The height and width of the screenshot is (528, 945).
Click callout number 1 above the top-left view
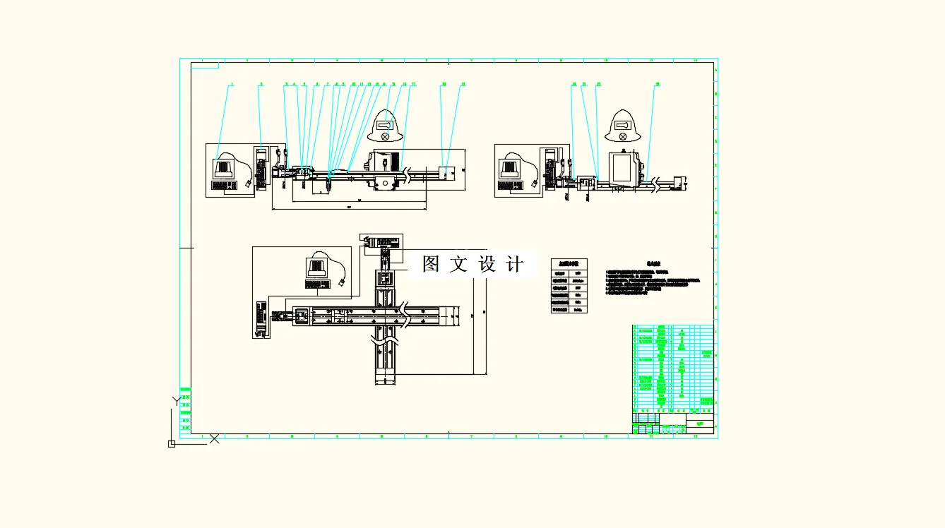pos(231,84)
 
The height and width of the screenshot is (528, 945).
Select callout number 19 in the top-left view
pos(463,84)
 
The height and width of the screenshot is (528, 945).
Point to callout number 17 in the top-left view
pos(413,84)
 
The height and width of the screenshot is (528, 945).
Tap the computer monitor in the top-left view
pos(223,168)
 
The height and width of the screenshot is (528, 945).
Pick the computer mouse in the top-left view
pos(249,184)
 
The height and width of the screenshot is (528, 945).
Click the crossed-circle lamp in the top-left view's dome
pos(385,136)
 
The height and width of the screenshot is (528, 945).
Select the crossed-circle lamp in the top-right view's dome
pos(622,136)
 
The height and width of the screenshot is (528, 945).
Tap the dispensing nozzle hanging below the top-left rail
pos(329,187)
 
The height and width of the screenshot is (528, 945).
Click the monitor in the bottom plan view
pos(316,267)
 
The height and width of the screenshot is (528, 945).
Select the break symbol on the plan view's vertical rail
pos(386,346)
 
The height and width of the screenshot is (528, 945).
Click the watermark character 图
pos(431,264)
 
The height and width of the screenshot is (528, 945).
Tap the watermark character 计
pos(516,264)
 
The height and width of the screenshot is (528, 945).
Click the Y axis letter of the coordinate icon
pos(177,401)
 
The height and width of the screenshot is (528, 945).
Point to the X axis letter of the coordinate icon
pos(214,438)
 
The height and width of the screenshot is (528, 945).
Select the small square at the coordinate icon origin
pos(171,443)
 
